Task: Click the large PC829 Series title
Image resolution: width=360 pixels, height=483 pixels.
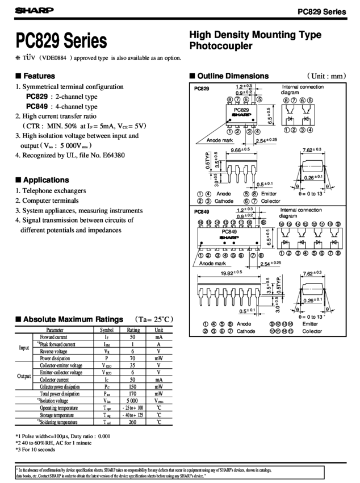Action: click(x=62, y=41)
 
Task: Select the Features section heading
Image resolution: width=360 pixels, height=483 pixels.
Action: click(x=39, y=76)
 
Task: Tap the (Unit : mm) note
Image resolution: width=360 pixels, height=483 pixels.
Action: click(x=324, y=76)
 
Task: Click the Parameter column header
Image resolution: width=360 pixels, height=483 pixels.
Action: click(x=55, y=330)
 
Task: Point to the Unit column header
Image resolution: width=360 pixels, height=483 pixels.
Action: click(x=159, y=330)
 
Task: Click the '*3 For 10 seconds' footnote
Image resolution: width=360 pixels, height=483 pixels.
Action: click(x=34, y=448)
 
